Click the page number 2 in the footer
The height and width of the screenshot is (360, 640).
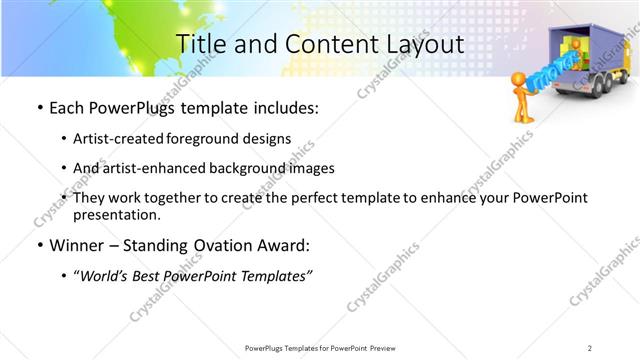tap(590, 347)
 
